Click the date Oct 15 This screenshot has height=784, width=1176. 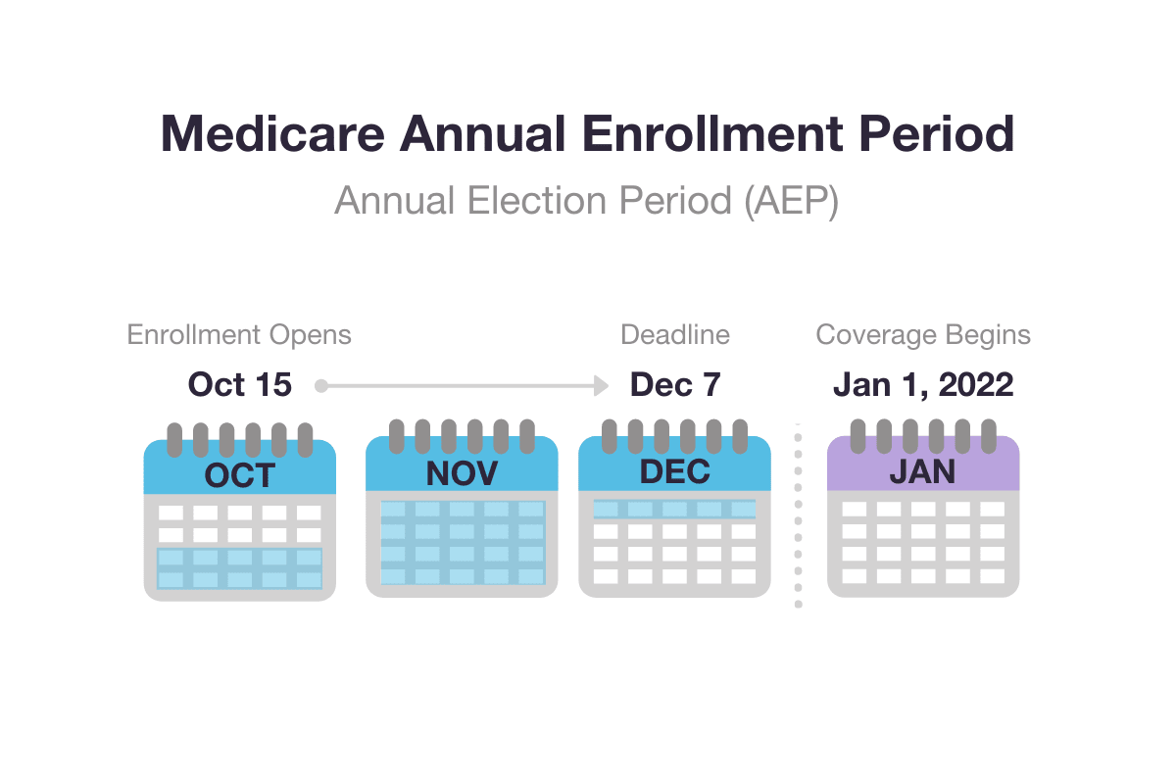pos(240,385)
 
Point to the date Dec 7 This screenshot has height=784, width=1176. pos(675,385)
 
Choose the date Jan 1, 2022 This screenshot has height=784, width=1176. pos(923,385)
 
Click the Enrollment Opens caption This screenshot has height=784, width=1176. pos(239,335)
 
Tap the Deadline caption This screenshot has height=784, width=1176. pos(675,335)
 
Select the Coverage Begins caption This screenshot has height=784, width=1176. pos(923,335)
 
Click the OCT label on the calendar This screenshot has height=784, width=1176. pos(240,475)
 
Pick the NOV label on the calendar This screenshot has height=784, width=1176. pos(462,473)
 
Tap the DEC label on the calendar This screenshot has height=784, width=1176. pos(674,471)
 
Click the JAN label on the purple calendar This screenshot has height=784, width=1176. pos(923,471)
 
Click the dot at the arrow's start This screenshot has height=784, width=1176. pos(320,386)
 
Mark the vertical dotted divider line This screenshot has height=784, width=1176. pos(798,514)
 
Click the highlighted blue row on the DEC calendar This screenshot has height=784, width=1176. pos(674,509)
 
